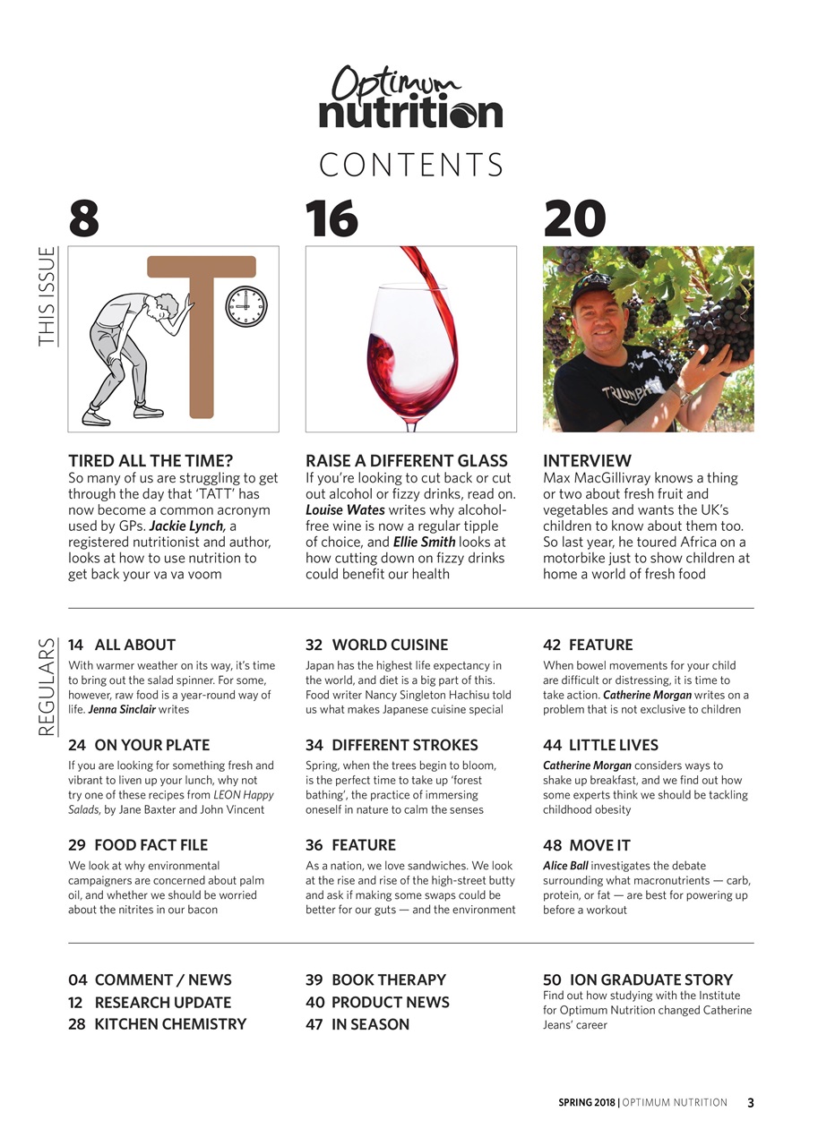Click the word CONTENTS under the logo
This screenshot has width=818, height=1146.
410,166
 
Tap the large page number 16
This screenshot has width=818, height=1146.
332,218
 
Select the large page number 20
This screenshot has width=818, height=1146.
574,218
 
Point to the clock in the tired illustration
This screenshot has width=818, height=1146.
245,307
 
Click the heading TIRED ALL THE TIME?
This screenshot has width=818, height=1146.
151,461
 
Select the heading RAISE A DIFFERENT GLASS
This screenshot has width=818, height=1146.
407,461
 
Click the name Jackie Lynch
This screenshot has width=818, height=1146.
186,526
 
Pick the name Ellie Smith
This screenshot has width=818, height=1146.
424,543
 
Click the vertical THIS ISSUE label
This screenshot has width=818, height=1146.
47,296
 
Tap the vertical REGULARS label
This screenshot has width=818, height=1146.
47,687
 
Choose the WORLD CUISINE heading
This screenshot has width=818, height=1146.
390,645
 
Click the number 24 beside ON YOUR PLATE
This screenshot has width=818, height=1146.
76,745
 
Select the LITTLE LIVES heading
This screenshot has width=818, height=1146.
613,745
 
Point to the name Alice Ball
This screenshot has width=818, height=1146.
565,866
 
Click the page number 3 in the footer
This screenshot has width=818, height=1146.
751,1103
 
